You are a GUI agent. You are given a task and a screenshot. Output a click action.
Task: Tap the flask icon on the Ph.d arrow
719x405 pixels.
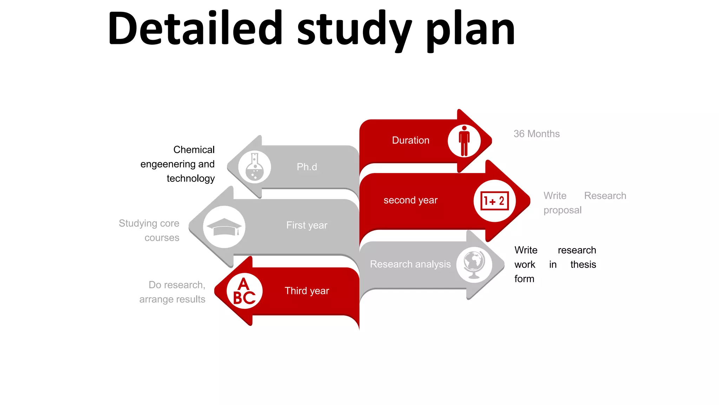click(255, 167)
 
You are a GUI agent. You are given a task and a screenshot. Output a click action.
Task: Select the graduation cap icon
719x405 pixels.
click(224, 227)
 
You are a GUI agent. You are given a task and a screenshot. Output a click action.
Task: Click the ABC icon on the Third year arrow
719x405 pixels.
click(244, 291)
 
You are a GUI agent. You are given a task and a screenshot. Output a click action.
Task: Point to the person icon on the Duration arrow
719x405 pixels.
click(464, 141)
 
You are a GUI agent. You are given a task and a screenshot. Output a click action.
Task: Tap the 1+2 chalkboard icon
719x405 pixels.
click(494, 201)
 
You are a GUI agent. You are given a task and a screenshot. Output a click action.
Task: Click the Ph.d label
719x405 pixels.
click(307, 167)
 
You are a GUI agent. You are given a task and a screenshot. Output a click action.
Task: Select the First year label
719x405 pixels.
click(307, 225)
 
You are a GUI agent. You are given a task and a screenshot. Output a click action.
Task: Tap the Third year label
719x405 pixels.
click(307, 291)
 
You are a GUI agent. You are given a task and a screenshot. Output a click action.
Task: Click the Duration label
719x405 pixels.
click(410, 140)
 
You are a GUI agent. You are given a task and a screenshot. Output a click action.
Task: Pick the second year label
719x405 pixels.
click(410, 200)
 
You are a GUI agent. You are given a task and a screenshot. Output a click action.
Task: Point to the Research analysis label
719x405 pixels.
click(410, 264)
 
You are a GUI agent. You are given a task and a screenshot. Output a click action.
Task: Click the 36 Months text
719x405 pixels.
click(536, 134)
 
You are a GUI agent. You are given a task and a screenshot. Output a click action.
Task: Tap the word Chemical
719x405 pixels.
click(194, 150)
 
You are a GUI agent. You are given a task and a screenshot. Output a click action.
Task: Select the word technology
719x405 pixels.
click(191, 179)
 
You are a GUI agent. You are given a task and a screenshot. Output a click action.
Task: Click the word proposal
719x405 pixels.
click(562, 210)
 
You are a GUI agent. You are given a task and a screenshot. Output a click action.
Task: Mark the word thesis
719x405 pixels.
click(583, 264)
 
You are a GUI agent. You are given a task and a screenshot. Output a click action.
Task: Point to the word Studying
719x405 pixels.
click(138, 224)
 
